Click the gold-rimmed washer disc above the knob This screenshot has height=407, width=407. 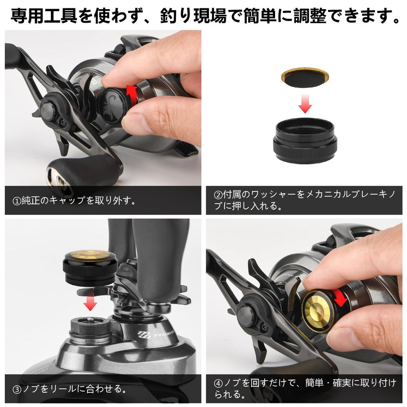(305, 78)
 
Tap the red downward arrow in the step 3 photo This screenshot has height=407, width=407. (91, 303)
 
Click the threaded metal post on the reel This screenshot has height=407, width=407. (91, 330)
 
